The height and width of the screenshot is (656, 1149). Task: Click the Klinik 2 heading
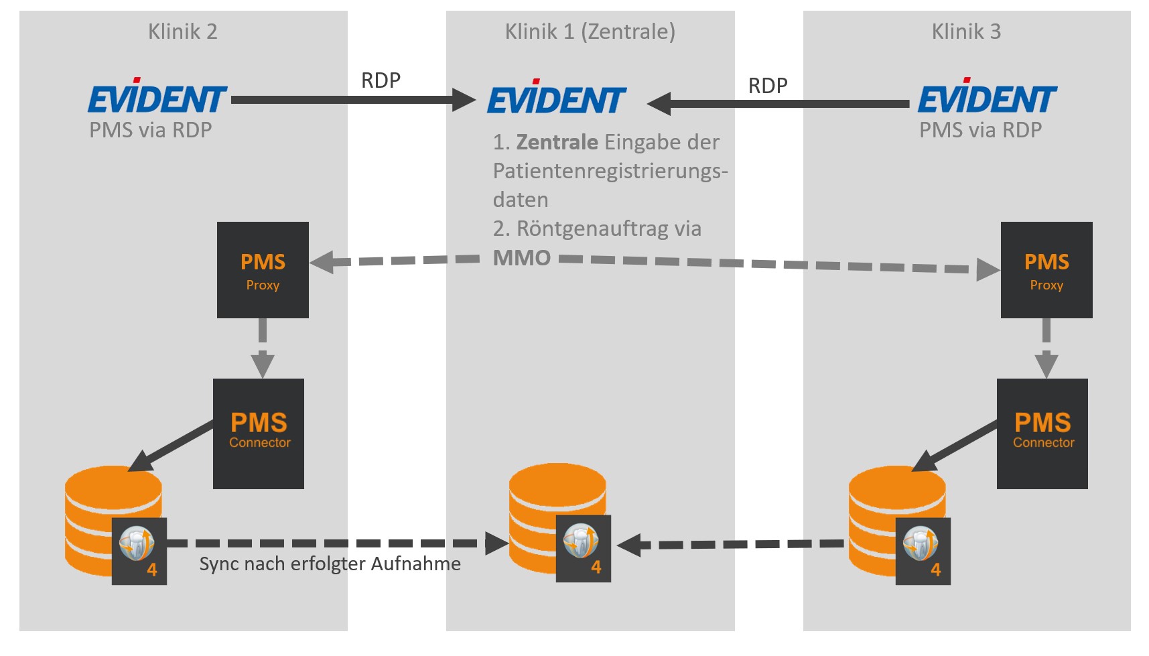(182, 31)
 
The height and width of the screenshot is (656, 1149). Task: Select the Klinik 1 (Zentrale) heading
(590, 31)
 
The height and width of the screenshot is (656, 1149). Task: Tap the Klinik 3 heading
(966, 31)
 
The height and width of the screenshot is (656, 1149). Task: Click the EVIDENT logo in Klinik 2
(157, 98)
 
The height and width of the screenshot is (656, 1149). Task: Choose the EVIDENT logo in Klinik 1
(556, 99)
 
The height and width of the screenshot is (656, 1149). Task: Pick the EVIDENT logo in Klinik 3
(987, 98)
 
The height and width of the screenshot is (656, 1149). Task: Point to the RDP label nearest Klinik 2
(381, 80)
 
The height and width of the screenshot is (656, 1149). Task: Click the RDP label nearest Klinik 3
(768, 86)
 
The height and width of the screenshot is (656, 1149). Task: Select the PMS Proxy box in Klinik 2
(263, 270)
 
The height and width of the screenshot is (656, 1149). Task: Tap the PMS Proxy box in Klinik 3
(1046, 270)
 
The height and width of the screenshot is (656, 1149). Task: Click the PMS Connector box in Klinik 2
(259, 434)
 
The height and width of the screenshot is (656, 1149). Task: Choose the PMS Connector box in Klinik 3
(1042, 434)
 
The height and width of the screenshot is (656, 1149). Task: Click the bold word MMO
(522, 258)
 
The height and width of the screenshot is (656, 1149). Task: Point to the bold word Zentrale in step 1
(557, 142)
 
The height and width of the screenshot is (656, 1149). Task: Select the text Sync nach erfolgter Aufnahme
(330, 564)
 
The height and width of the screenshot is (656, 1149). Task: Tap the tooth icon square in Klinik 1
(583, 549)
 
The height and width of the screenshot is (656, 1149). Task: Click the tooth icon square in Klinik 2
(139, 551)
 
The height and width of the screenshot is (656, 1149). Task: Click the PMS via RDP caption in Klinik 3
(980, 130)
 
